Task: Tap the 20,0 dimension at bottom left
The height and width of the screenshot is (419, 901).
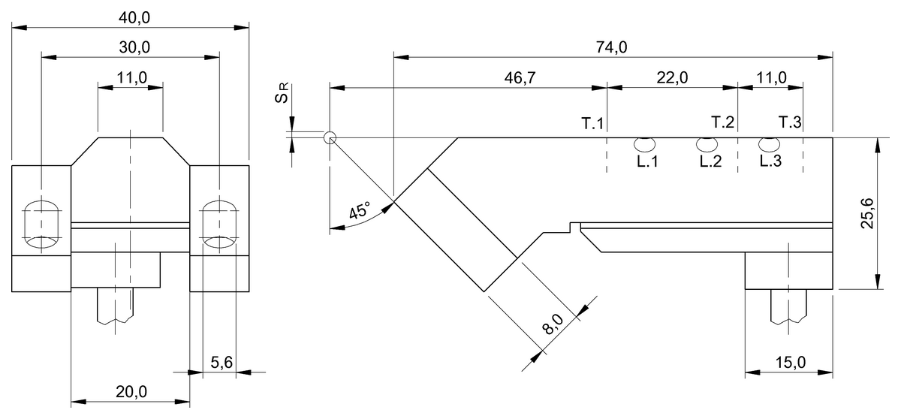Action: [130, 391]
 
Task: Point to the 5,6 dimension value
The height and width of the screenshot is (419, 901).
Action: [221, 363]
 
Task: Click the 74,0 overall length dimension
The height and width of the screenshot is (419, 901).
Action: [611, 47]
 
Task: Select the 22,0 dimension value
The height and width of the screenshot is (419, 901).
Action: [672, 78]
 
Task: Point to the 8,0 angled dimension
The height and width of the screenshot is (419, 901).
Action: [554, 324]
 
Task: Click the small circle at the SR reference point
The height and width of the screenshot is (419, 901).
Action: [329, 137]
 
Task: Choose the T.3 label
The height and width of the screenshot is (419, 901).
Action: [789, 122]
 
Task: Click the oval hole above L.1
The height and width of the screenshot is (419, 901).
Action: [645, 143]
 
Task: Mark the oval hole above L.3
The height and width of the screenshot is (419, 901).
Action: [767, 143]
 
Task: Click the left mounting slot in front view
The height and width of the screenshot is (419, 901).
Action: [42, 225]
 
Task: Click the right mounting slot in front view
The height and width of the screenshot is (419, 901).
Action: [219, 225]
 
